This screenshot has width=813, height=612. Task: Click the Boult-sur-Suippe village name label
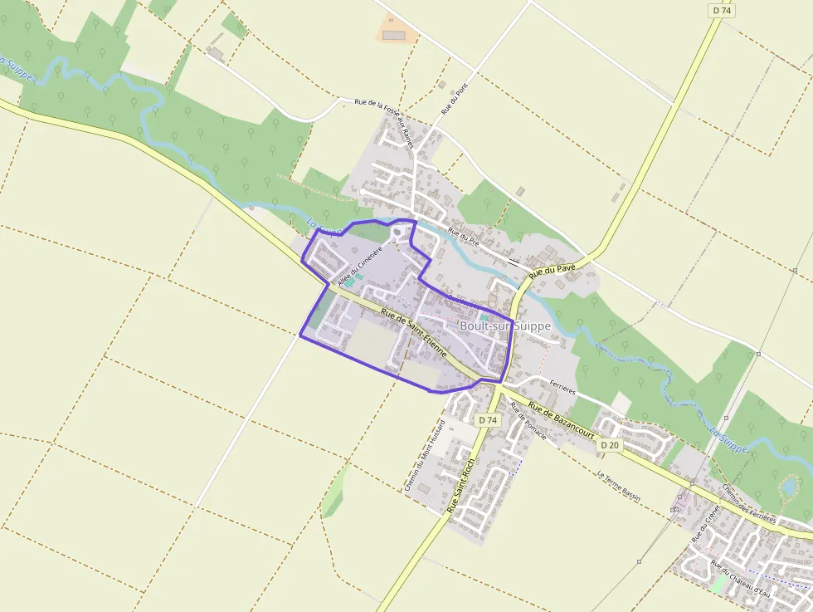(504, 326)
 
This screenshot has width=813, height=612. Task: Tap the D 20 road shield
(609, 445)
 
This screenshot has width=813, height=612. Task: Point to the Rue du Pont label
(449, 100)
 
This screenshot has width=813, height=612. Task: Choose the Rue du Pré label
(463, 237)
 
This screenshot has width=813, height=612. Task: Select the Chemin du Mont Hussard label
(426, 454)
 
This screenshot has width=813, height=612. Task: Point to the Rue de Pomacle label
(528, 421)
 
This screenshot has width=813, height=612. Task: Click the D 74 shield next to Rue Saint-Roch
(488, 420)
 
